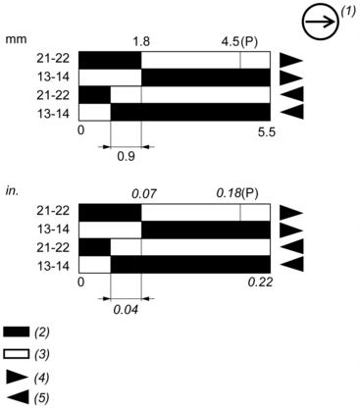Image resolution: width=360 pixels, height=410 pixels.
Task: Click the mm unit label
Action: pyautogui.click(x=15, y=41)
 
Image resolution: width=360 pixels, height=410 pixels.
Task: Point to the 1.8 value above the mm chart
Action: pyautogui.click(x=140, y=42)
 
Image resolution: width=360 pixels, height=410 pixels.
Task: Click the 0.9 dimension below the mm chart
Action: pyautogui.click(x=126, y=155)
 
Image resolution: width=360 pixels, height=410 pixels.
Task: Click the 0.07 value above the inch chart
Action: pyautogui.click(x=143, y=193)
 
